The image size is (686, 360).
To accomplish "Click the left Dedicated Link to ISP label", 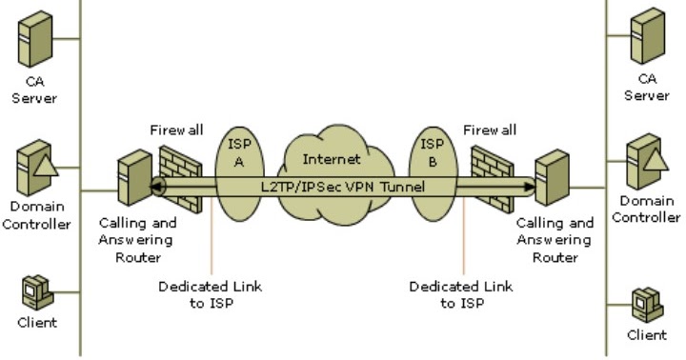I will (211, 294).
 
